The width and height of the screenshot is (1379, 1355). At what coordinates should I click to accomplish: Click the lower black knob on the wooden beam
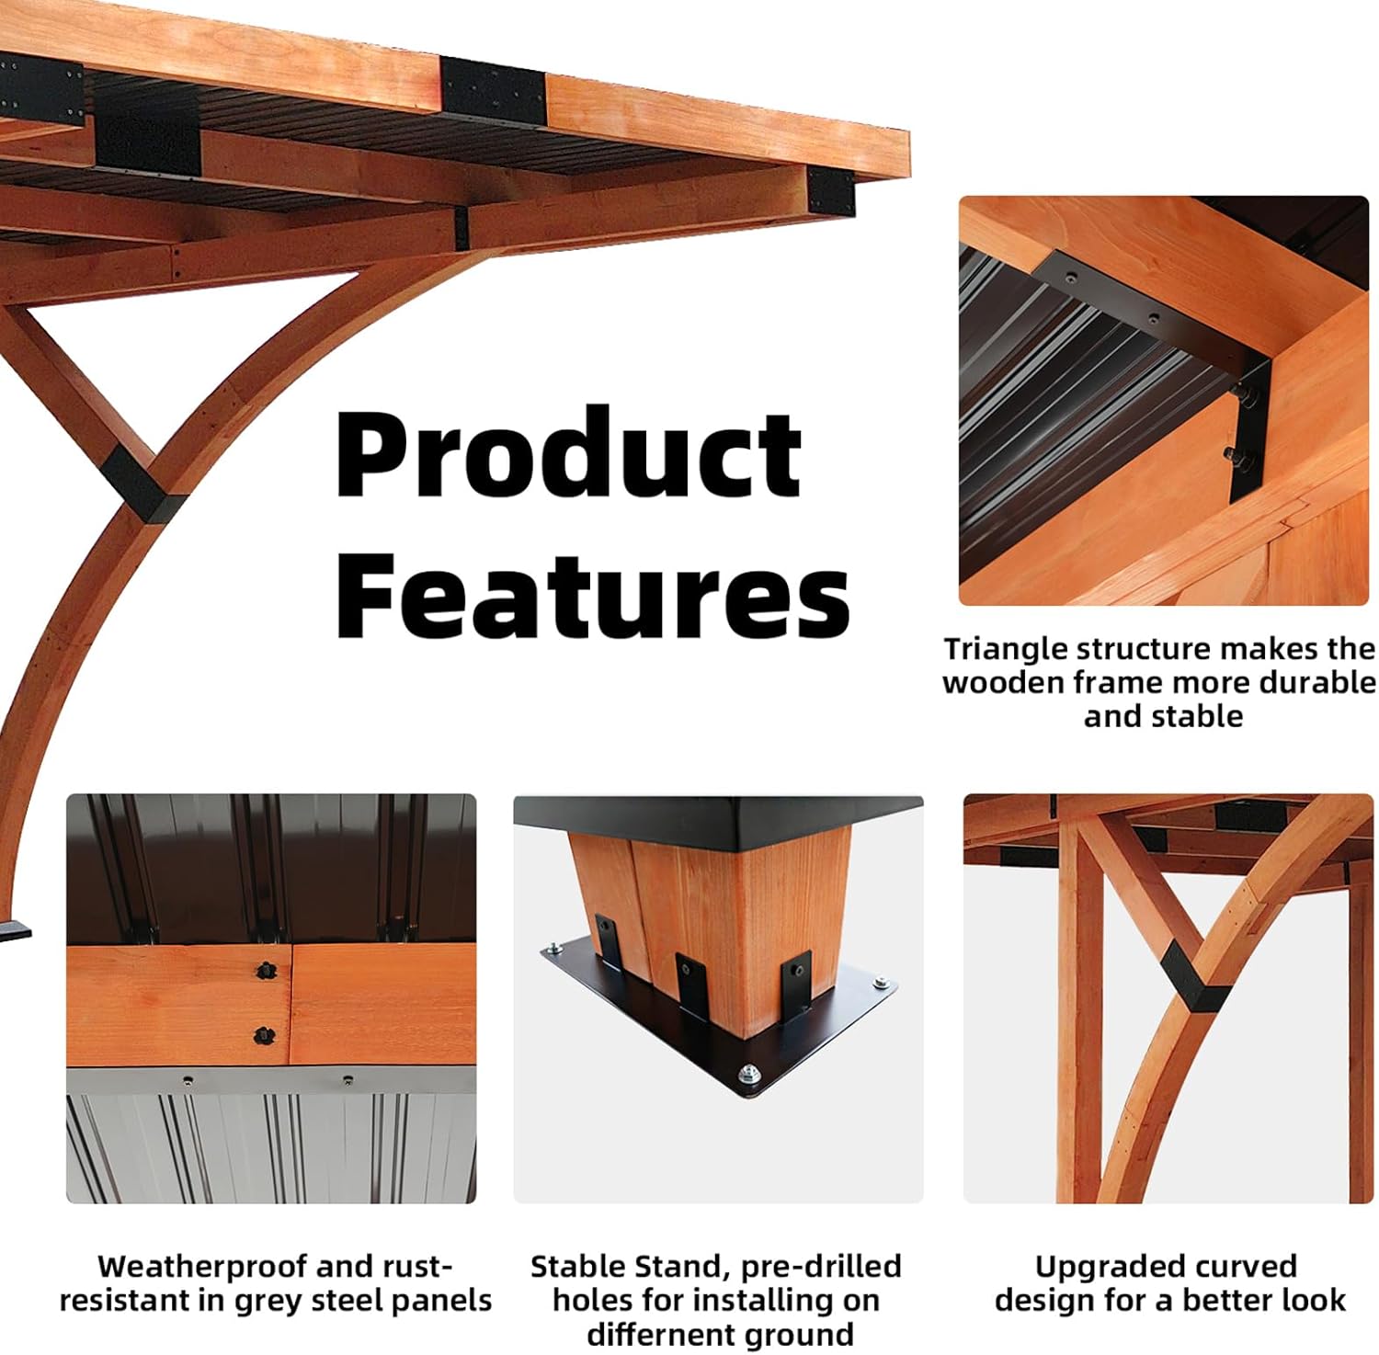(x=264, y=1035)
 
